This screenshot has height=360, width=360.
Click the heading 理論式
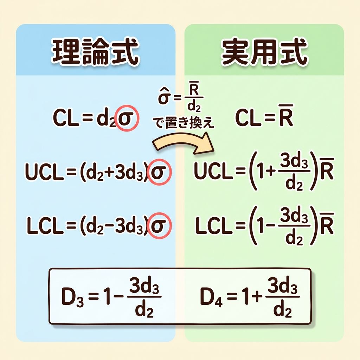95,53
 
